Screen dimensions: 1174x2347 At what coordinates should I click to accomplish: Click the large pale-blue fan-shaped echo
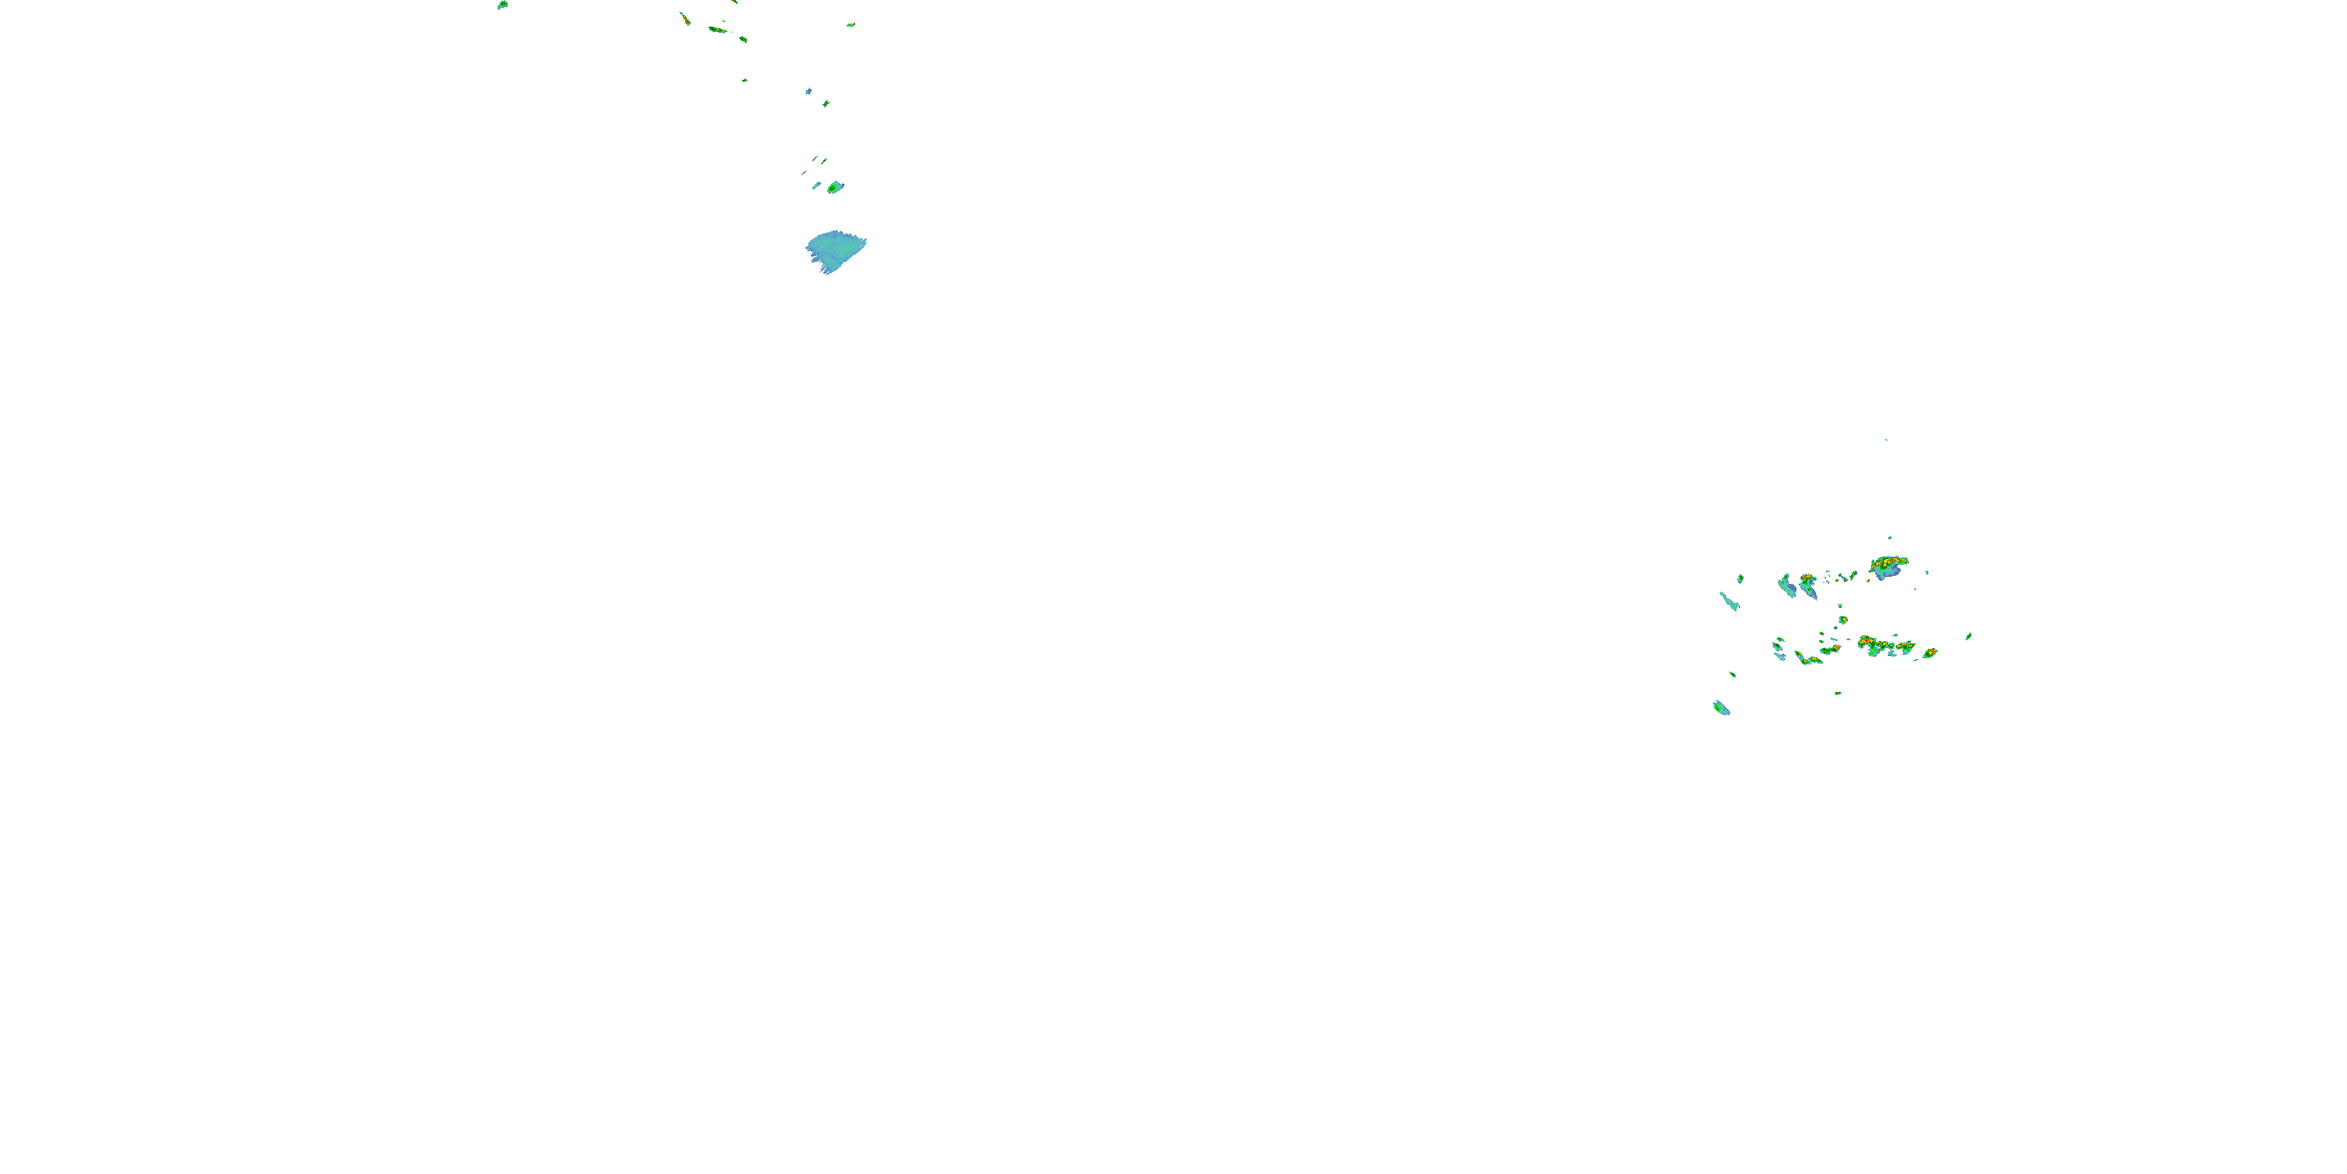(x=835, y=250)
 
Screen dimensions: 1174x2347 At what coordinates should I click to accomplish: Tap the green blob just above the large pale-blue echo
(x=835, y=188)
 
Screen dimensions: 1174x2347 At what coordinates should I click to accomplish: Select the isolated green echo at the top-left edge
(x=502, y=5)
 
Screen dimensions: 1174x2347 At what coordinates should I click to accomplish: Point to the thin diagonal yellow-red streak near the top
(x=685, y=17)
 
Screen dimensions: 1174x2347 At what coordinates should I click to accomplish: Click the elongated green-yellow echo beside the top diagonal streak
(x=718, y=30)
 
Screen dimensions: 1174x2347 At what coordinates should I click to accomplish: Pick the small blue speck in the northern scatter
(x=808, y=91)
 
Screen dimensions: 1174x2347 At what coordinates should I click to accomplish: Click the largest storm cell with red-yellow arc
(x=1888, y=566)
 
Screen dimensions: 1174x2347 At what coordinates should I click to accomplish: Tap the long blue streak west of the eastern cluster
(x=1728, y=600)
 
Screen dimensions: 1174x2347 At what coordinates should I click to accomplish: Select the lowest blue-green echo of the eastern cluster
(x=1720, y=708)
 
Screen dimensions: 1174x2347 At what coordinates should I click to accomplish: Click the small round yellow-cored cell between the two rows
(x=1843, y=620)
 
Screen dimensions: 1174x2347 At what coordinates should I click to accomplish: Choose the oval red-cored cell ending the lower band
(x=1930, y=653)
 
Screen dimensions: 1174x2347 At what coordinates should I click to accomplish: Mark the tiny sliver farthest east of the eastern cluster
(x=1969, y=636)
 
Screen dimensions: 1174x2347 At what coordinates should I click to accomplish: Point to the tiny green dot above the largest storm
(x=1889, y=538)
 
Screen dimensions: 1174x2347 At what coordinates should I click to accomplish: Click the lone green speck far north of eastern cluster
(x=1886, y=440)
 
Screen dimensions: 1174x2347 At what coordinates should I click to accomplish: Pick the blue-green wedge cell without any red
(x=1787, y=585)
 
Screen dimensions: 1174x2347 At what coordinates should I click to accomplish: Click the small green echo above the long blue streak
(x=1740, y=578)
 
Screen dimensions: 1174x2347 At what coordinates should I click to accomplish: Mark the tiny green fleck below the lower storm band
(x=1838, y=693)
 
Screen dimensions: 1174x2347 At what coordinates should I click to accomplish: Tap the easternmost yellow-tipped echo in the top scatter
(x=851, y=24)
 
